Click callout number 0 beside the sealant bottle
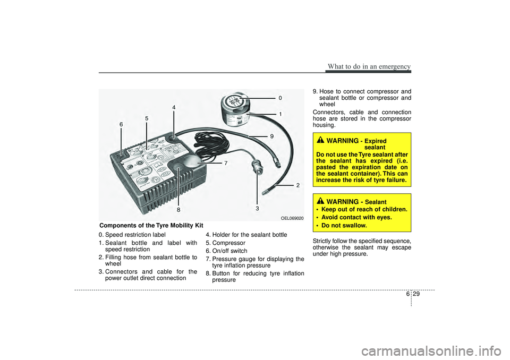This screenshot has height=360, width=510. coord(280,98)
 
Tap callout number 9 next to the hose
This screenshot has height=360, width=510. coord(271,136)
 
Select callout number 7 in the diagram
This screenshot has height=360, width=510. coord(226,163)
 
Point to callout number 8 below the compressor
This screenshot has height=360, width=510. coord(178,210)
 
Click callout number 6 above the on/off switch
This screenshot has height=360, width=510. coord(121,125)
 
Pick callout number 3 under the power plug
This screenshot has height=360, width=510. coord(257,209)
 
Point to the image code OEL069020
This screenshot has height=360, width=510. coord(292,218)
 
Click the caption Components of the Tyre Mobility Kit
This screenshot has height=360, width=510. coord(151,226)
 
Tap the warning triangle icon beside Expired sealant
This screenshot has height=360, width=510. coord(321,140)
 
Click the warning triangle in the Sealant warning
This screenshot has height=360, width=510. coord(321,201)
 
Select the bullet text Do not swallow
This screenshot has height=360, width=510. coord(344,225)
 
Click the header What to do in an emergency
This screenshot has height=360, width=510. coord(369,66)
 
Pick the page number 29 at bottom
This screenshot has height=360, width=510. coord(416,294)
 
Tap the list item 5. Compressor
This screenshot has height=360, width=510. coord(226,243)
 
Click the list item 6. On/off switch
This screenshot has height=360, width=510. coord(226,251)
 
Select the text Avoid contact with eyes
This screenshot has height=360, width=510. coord(357,217)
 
